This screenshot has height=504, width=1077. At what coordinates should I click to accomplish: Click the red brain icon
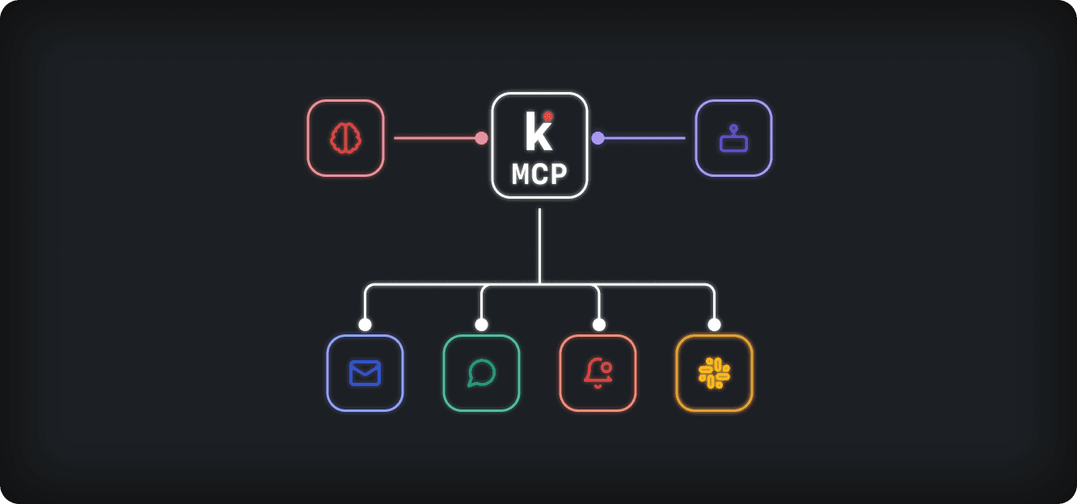pos(345,138)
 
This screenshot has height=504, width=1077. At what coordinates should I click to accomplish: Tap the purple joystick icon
pos(733,140)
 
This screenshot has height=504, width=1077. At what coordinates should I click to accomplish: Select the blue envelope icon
pos(365,373)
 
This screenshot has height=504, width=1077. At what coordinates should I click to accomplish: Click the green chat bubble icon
pos(481,373)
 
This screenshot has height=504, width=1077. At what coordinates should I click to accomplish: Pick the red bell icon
pos(598,373)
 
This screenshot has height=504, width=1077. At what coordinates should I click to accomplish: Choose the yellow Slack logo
pos(714,373)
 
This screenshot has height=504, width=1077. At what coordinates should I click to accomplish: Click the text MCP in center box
pos(539,174)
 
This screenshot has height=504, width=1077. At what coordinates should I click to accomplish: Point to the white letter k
pos(537,133)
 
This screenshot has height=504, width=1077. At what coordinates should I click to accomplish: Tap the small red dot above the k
pos(547,116)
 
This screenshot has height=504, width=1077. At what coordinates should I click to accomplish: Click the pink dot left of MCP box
pos(481,138)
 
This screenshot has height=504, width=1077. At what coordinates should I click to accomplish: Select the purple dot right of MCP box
pos(598,138)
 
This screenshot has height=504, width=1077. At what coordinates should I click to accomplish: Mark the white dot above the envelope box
pos(365,325)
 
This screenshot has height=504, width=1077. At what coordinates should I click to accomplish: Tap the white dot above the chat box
pos(481,325)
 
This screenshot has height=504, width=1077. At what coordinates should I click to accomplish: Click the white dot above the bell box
pos(598,325)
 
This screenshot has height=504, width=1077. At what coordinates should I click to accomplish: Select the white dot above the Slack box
pos(714,325)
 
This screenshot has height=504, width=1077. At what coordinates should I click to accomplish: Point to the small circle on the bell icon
pos(606,367)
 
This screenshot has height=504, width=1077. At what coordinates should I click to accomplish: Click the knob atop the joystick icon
pos(733,128)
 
